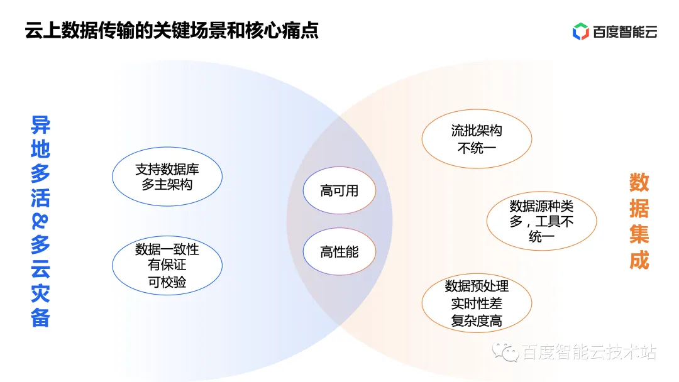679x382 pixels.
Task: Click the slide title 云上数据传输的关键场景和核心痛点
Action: pyautogui.click(x=172, y=31)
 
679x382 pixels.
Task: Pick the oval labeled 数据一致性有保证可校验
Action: pyautogui.click(x=167, y=266)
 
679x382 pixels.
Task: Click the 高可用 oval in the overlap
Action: pyautogui.click(x=339, y=191)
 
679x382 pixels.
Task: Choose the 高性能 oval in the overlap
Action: pyautogui.click(x=339, y=252)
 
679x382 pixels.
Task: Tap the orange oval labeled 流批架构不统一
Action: pyautogui.click(x=477, y=139)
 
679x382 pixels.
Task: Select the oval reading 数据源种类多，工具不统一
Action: pyautogui.click(x=541, y=221)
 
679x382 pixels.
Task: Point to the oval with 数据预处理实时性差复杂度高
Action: pyautogui.click(x=477, y=303)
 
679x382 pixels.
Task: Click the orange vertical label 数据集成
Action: pyautogui.click(x=639, y=221)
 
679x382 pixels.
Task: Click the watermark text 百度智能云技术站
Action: pyautogui.click(x=589, y=353)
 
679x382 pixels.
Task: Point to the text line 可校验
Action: pyautogui.click(x=167, y=282)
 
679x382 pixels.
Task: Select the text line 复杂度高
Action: pyautogui.click(x=477, y=320)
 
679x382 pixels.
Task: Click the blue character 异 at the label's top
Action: pyautogui.click(x=40, y=125)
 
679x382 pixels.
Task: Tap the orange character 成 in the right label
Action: pyautogui.click(x=639, y=260)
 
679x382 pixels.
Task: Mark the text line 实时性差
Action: pyautogui.click(x=477, y=303)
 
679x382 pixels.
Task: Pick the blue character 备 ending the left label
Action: pyautogui.click(x=40, y=318)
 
